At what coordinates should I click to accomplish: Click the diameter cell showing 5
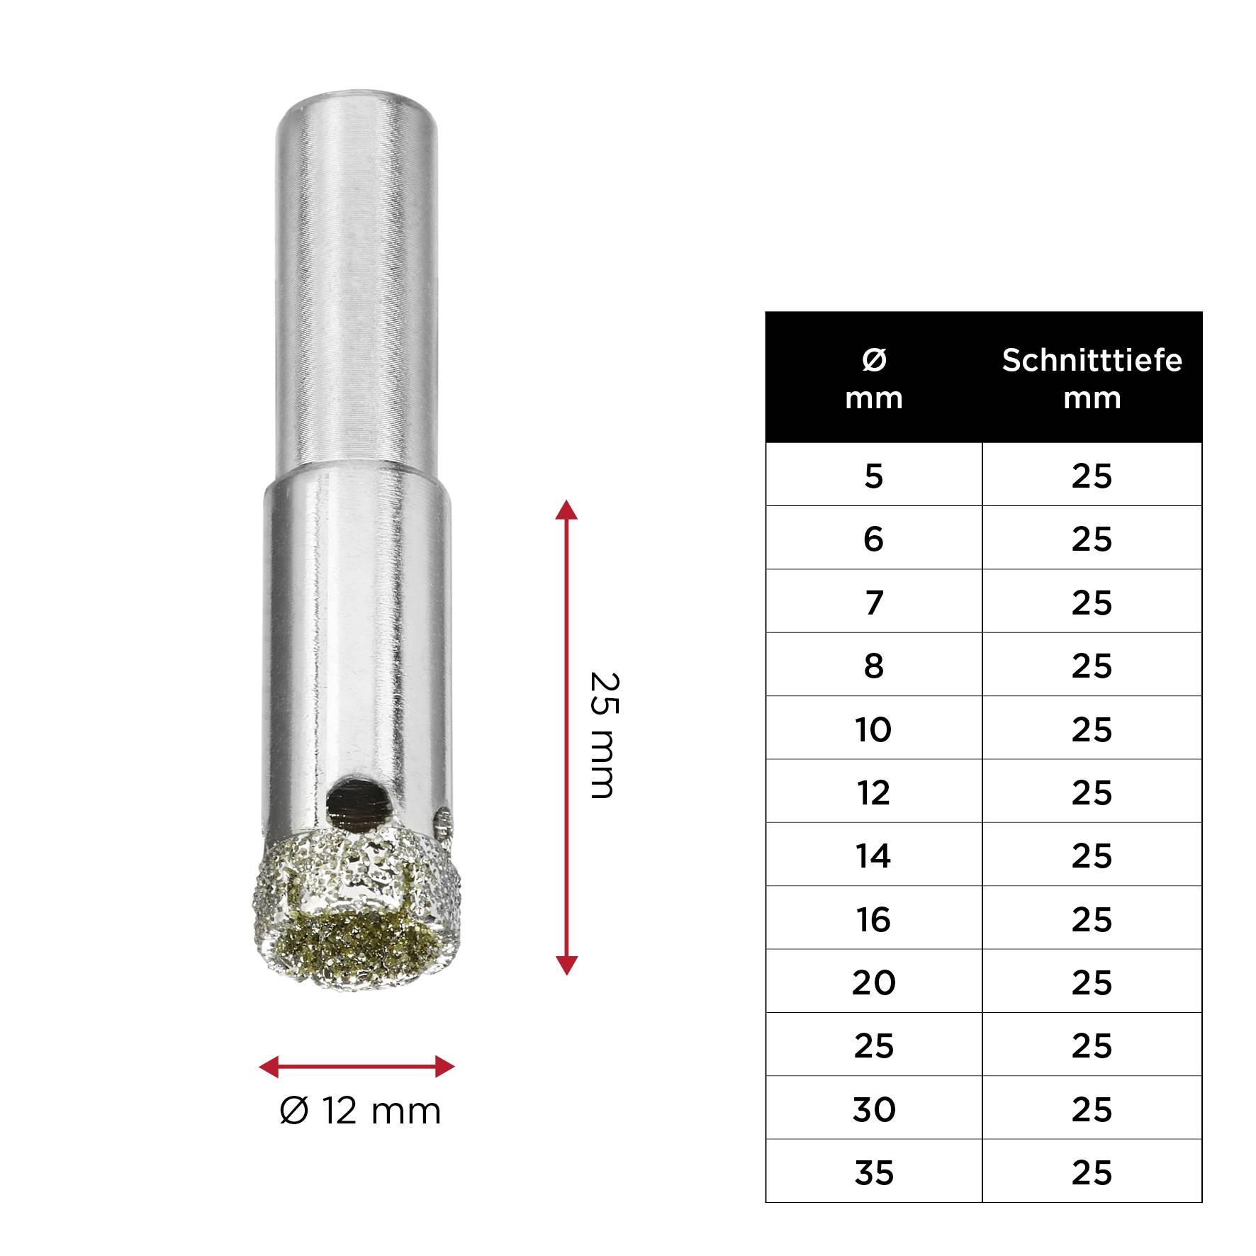pos(873,476)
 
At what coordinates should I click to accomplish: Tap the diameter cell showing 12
pos(873,792)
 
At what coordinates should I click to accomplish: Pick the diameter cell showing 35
pos(873,1172)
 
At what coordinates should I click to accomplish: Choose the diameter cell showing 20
pos(873,982)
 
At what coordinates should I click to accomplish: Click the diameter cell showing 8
pos(873,666)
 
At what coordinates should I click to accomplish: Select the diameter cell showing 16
pos(873,919)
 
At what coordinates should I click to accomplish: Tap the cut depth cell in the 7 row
pos(1092,602)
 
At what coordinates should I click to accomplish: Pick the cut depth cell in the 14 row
pos(1092,856)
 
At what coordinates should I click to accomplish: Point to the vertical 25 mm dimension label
pos(605,735)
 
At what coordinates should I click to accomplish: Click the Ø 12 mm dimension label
pos(360,1111)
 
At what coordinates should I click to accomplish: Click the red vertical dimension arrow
pos(566,737)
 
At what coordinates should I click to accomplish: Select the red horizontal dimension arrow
pos(357,1066)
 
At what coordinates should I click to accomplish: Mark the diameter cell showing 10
pos(873,729)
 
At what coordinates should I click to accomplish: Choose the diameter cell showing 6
pos(873,539)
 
